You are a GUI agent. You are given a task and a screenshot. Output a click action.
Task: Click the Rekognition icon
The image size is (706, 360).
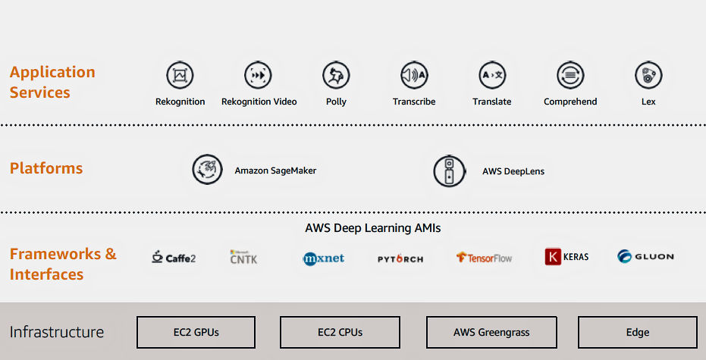pyautogui.click(x=180, y=75)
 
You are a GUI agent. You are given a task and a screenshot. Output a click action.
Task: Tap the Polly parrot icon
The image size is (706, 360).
pyautogui.click(x=336, y=75)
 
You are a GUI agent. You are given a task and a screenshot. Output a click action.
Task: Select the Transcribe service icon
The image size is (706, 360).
pyautogui.click(x=414, y=75)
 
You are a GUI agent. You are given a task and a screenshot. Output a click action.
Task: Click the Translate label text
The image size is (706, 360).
pyautogui.click(x=491, y=102)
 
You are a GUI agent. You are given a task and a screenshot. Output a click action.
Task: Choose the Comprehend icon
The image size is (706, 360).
pyautogui.click(x=570, y=75)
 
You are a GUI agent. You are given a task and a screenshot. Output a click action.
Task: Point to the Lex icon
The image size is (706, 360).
pyautogui.click(x=648, y=75)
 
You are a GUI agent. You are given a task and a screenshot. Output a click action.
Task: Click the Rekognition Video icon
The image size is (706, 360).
pyautogui.click(x=259, y=75)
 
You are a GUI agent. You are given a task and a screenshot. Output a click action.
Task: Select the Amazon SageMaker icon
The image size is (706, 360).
pyautogui.click(x=207, y=170)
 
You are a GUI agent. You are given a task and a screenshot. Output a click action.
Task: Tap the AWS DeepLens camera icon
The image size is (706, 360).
pyautogui.click(x=448, y=171)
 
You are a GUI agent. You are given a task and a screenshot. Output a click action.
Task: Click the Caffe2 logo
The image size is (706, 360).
pyautogui.click(x=174, y=257)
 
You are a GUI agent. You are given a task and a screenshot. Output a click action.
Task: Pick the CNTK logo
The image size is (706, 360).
pyautogui.click(x=243, y=257)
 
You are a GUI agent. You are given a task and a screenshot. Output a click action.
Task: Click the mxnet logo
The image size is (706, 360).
pyautogui.click(x=324, y=258)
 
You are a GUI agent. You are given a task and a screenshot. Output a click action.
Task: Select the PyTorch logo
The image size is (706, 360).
pyautogui.click(x=400, y=258)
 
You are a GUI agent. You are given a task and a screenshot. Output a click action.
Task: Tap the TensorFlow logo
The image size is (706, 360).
pyautogui.click(x=484, y=258)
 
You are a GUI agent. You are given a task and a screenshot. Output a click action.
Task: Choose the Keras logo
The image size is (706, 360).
pyautogui.click(x=566, y=257)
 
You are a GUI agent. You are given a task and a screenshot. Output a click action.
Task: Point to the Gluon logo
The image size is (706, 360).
pyautogui.click(x=645, y=256)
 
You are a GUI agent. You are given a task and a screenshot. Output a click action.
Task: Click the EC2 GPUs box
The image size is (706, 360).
pyautogui.click(x=196, y=332)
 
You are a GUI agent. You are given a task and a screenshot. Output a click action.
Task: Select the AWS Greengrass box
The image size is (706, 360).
pyautogui.click(x=491, y=332)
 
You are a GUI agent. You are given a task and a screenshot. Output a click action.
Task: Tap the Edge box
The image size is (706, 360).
pyautogui.click(x=637, y=332)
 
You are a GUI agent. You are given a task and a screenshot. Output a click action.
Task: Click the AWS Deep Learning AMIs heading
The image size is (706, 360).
pyautogui.click(x=373, y=227)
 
